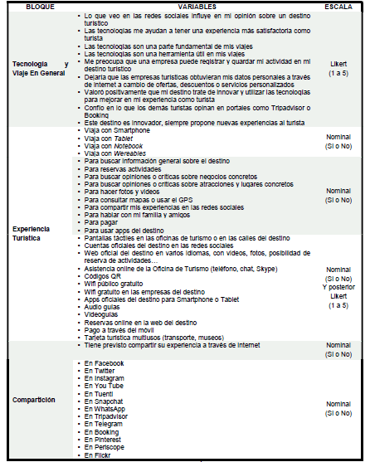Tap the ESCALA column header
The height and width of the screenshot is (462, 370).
click(x=338, y=6)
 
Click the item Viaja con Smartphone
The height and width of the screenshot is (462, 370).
click(x=117, y=131)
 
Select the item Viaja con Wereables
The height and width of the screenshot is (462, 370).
click(x=116, y=153)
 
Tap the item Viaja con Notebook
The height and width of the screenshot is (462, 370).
click(x=115, y=146)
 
